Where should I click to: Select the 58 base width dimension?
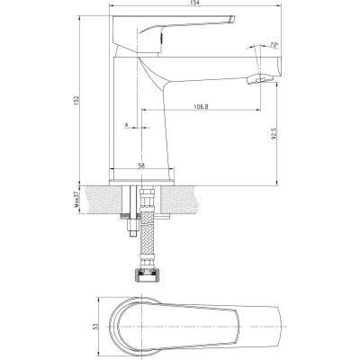pyautogui.click(x=142, y=166)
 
